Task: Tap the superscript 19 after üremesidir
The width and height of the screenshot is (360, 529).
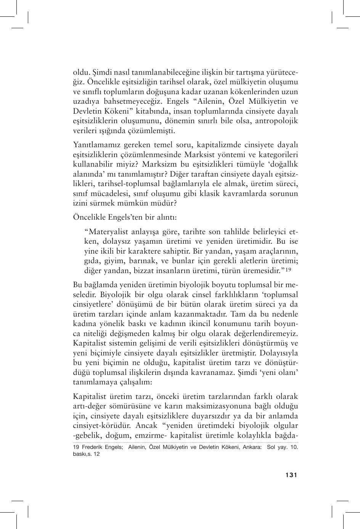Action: coord(289,270)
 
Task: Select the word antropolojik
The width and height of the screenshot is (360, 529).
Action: coord(276,121)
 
